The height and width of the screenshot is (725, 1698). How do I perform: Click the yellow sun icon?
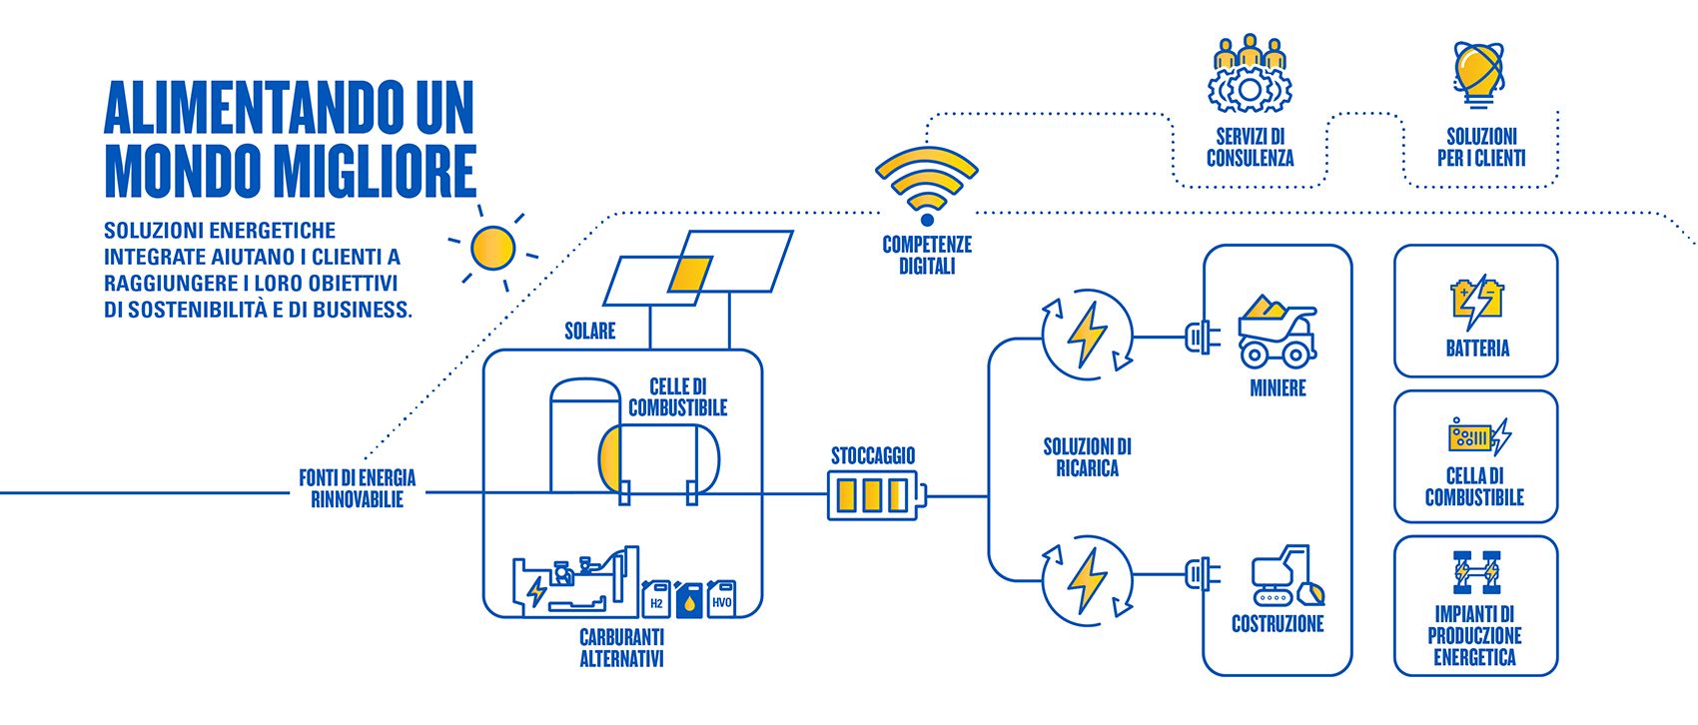point(492,248)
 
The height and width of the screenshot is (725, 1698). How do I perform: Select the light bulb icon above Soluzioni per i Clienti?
point(1478,74)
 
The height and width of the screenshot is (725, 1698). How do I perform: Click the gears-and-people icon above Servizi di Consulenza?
point(1250,75)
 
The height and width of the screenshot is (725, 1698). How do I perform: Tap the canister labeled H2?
point(656,599)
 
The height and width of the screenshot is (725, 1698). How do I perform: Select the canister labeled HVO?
point(721,599)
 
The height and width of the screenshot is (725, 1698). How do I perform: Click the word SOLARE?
point(589,331)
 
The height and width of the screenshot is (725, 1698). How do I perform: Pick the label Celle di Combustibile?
point(678,397)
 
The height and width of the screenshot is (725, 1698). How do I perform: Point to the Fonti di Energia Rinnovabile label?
point(357,488)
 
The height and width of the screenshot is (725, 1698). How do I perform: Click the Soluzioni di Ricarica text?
point(1087,457)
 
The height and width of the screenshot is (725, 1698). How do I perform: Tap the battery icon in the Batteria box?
point(1475,301)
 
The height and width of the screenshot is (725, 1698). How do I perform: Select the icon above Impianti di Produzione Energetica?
point(1475,573)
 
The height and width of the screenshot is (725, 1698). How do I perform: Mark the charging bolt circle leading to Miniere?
point(1087,335)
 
